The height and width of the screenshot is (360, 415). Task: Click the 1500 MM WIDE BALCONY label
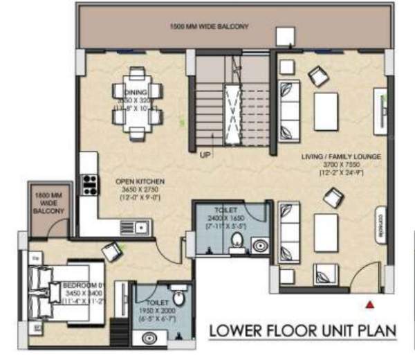click(x=209, y=26)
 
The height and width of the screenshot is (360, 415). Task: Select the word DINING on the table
click(x=136, y=92)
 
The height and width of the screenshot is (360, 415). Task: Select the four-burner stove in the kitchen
click(x=89, y=183)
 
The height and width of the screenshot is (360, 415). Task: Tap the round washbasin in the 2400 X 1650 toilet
click(x=260, y=244)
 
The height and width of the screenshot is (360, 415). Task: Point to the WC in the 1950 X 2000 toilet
click(x=178, y=299)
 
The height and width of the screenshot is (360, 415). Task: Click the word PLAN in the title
click(x=376, y=332)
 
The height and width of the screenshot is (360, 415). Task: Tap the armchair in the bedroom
click(x=111, y=251)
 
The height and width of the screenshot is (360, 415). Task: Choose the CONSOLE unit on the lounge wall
click(x=380, y=224)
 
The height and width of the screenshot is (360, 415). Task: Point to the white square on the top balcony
click(x=284, y=36)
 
